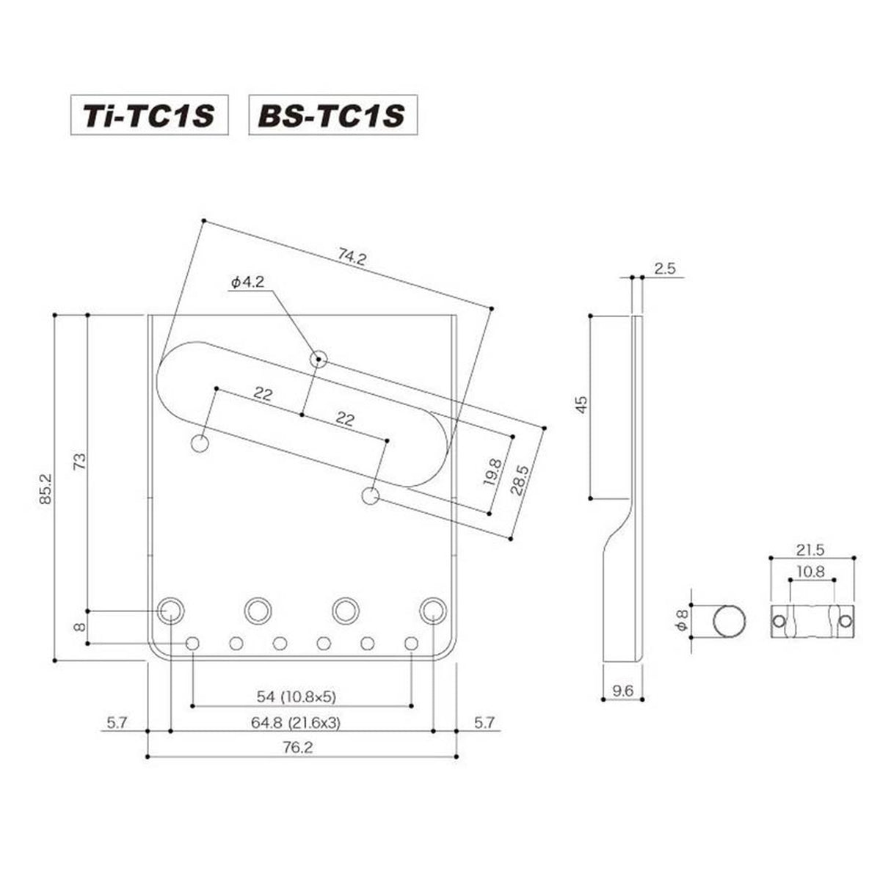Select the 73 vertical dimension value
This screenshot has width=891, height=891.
click(79, 460)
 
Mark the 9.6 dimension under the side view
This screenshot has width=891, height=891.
click(622, 691)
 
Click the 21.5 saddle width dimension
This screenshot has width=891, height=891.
click(812, 549)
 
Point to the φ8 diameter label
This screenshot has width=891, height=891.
click(681, 622)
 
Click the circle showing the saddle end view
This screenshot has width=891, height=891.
click(731, 622)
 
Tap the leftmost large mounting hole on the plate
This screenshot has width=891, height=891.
click(170, 608)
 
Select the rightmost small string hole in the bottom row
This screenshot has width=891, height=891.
click(410, 644)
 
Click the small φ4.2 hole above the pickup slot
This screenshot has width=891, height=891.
click(319, 359)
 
